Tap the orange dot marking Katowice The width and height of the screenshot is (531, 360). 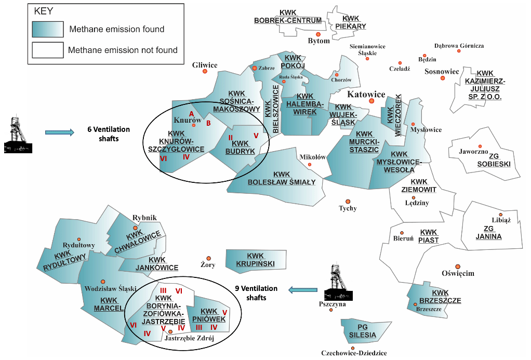pos(371,101)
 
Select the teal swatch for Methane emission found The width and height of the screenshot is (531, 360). pos(47,29)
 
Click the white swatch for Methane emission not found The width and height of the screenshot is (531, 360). pos(47,50)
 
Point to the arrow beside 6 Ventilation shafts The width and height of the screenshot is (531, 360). pos(59,132)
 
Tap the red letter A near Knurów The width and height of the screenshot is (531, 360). pos(191,114)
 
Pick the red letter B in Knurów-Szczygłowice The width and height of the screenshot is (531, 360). pos(208,123)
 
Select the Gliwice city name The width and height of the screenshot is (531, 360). pos(205,65)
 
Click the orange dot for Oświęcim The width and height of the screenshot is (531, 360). pos(457,266)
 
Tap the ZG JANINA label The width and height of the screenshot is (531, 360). pos(488,233)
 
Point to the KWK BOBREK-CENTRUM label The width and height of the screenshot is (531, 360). pos(287,16)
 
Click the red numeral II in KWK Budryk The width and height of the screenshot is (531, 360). pos(230,137)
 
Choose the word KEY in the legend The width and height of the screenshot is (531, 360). pos(44,11)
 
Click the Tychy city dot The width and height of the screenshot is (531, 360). pos(348,202)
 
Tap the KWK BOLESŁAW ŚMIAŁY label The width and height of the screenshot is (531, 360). pos(282,178)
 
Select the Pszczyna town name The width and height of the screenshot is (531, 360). pos(333,304)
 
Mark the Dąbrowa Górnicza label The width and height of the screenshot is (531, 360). pos(459,46)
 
